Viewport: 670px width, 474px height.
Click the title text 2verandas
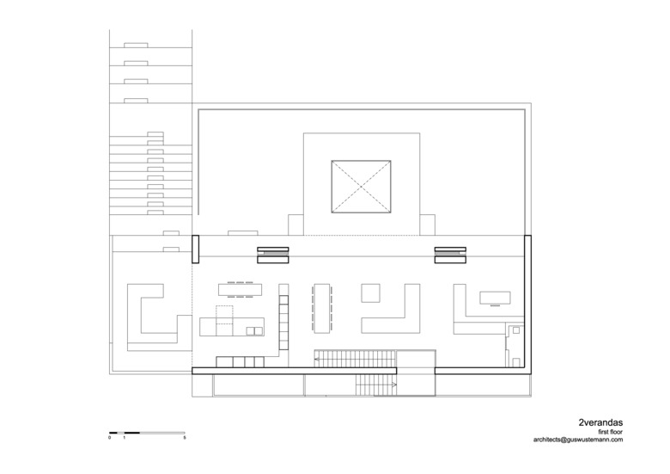(x=600, y=423)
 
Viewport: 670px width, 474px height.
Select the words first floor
(x=611, y=432)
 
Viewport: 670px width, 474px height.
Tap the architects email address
(x=578, y=440)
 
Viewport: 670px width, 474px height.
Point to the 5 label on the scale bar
(x=185, y=438)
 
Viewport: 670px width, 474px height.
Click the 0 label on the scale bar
(x=109, y=438)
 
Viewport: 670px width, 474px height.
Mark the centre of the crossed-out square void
(x=361, y=187)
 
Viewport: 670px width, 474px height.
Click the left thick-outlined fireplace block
(x=272, y=255)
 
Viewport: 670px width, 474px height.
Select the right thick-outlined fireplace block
(x=450, y=255)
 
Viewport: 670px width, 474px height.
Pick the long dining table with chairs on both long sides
(x=322, y=308)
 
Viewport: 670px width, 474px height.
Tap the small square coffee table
(x=370, y=293)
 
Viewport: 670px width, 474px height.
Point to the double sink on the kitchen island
(x=254, y=330)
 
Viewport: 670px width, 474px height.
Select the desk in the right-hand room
(x=496, y=298)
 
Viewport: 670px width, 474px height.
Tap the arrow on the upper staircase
(x=317, y=360)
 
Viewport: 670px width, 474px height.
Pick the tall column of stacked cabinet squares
(x=283, y=322)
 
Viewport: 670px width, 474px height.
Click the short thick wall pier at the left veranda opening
(x=195, y=249)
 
